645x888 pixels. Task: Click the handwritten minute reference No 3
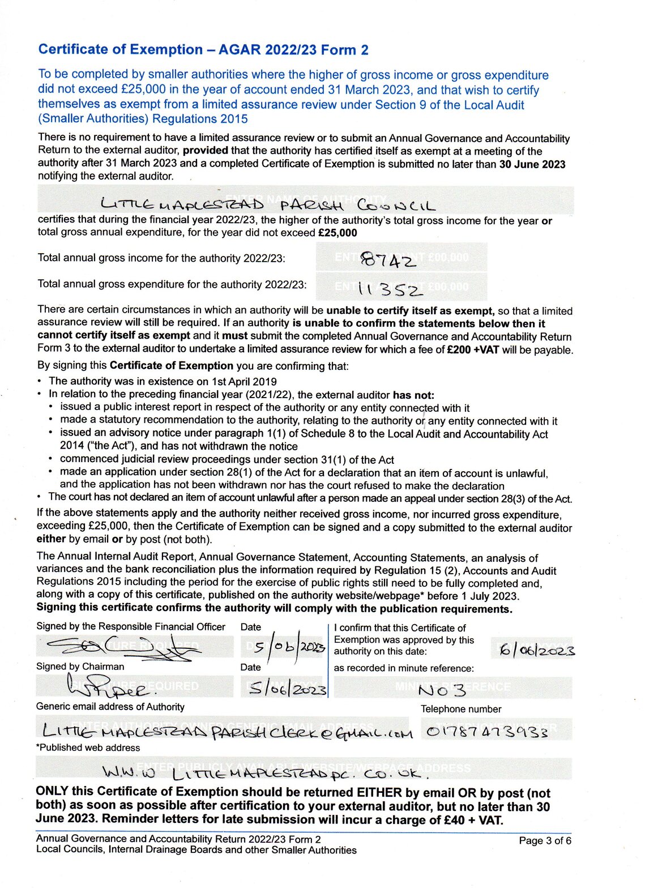(441, 690)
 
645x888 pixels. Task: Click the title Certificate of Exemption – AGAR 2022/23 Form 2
(203, 50)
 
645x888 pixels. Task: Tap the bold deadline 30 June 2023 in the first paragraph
(532, 164)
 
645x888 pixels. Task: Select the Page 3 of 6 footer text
(545, 840)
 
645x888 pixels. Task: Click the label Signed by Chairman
(80, 667)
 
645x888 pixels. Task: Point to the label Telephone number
(460, 709)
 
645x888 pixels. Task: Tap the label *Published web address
(88, 748)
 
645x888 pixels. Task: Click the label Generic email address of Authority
(110, 707)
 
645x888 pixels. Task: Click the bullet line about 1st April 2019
(163, 381)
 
